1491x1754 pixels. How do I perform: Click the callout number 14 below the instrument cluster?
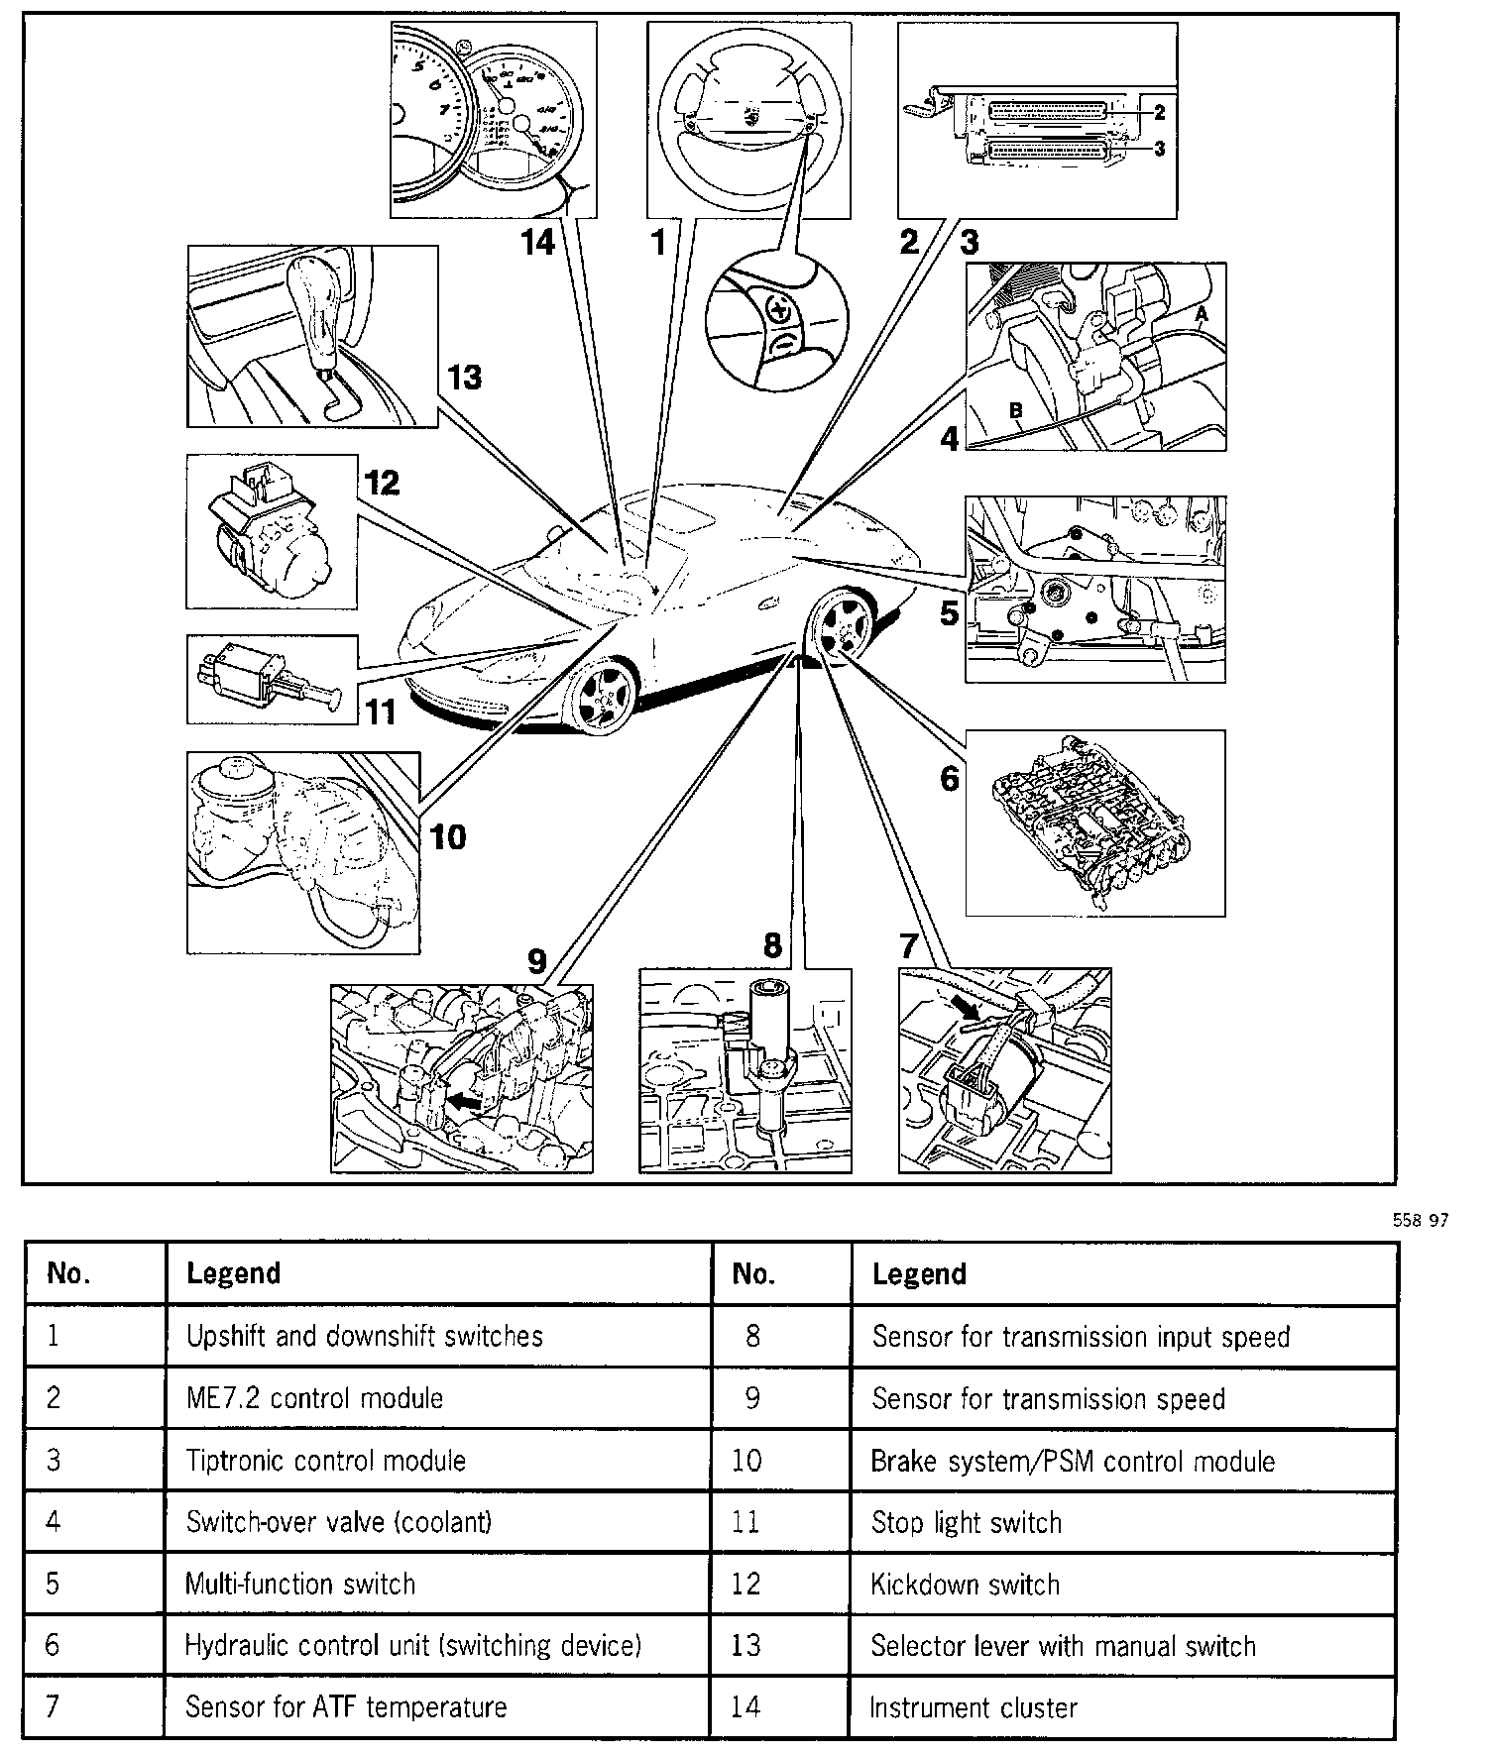pos(539,243)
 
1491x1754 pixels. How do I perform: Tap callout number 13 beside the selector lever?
pos(464,378)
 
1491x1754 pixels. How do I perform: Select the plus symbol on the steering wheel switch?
pos(780,310)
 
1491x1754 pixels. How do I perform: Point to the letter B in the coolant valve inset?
pos(1015,409)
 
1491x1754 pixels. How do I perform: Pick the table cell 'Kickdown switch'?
pos(965,1585)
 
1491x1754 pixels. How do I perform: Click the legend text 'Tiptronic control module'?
pos(325,1461)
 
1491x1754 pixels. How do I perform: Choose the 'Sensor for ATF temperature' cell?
pos(345,1706)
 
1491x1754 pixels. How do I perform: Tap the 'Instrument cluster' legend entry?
pos(973,1707)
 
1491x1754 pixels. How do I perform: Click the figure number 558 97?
pos(1420,1221)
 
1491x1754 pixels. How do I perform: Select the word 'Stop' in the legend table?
pos(896,1523)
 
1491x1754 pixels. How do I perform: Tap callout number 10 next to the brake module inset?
pos(448,837)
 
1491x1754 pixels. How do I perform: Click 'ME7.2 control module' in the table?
pos(314,1398)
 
